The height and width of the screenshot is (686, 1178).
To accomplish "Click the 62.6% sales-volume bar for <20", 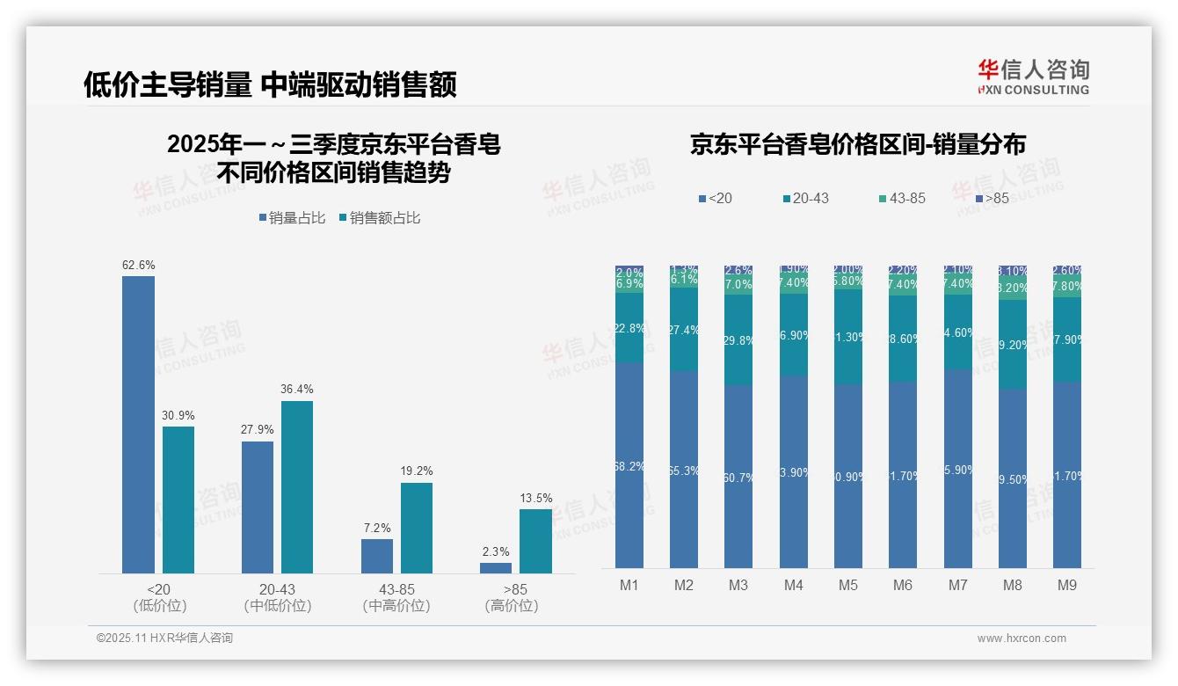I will [x=138, y=425].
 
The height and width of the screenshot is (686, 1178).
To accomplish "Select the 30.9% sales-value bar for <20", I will [x=178, y=500].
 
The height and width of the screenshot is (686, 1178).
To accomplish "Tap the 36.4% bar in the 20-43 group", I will [x=297, y=487].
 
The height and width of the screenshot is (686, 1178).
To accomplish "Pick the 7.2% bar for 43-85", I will [x=377, y=556].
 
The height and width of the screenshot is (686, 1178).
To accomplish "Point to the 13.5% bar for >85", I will [x=535, y=541].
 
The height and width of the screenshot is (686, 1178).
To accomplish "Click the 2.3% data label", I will [x=496, y=552].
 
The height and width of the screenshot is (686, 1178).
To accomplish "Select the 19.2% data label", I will [x=417, y=471].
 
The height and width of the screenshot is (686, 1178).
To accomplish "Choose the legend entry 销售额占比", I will [x=379, y=218].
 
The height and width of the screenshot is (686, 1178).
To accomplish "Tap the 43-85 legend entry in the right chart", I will [x=901, y=199].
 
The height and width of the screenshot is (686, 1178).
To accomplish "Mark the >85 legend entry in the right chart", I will [x=991, y=199].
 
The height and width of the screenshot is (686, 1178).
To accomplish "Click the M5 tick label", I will [x=848, y=585].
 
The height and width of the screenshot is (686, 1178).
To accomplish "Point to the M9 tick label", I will [x=1067, y=585].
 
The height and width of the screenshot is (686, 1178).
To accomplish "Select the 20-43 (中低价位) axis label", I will [x=278, y=597].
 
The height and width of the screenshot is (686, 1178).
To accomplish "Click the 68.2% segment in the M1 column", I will [x=629, y=465].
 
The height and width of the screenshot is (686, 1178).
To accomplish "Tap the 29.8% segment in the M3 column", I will [x=738, y=340].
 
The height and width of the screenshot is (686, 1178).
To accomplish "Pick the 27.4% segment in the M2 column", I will [x=684, y=329].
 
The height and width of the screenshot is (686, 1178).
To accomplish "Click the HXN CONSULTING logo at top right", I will [x=1033, y=77].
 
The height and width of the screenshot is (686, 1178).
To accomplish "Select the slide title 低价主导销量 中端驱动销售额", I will [x=270, y=84].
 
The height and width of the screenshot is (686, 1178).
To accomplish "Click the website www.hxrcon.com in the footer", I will [x=1022, y=639].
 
